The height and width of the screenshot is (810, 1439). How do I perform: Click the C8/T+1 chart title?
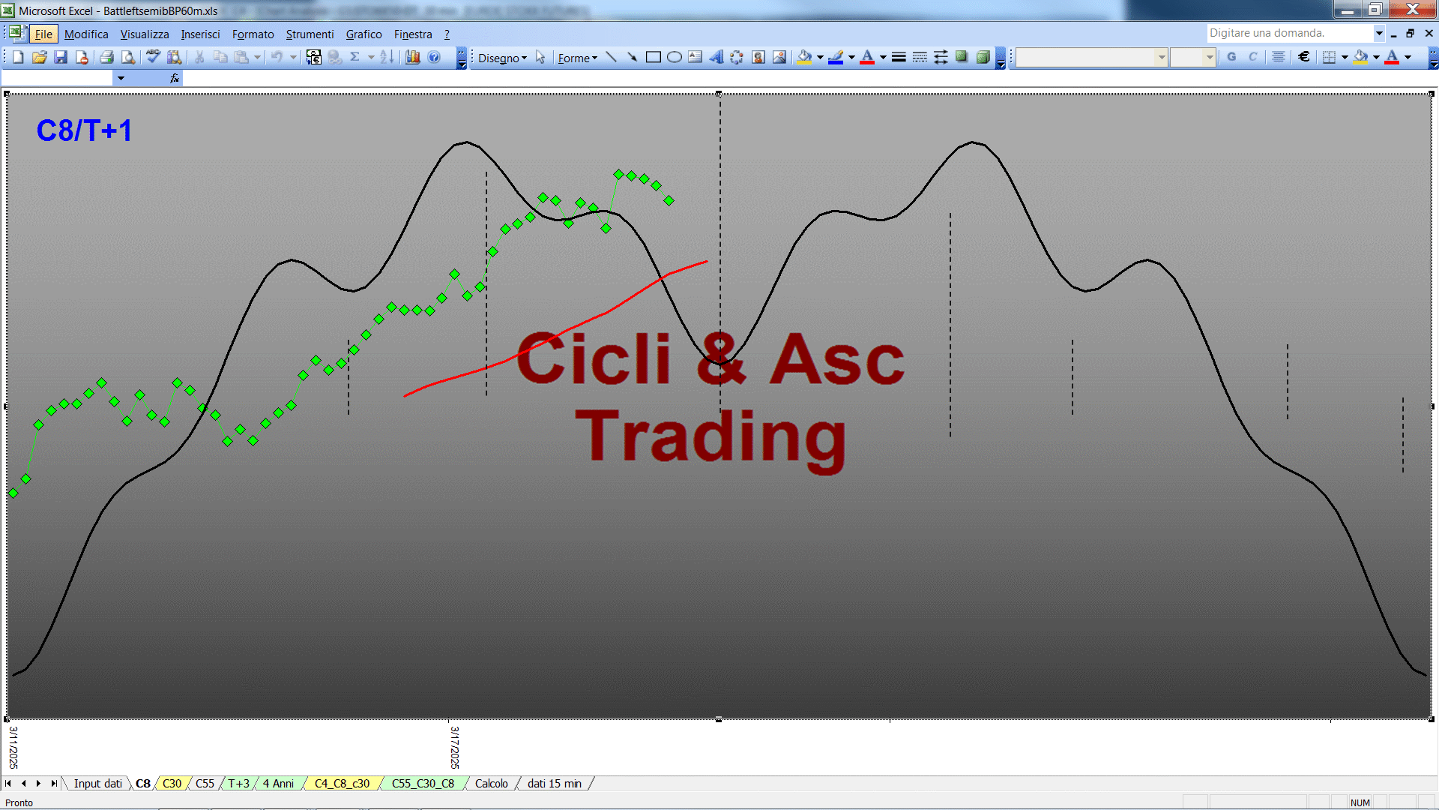(84, 130)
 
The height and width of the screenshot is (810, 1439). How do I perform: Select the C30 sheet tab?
(172, 784)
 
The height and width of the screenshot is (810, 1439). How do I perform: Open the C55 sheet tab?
(205, 784)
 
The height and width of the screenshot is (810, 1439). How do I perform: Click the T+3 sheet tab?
(238, 784)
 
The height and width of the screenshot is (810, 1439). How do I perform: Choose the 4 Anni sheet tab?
(278, 784)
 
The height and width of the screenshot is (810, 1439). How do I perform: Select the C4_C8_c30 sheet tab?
(342, 784)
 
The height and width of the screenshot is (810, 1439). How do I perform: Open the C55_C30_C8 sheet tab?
(423, 784)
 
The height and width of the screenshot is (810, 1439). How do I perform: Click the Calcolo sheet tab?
(491, 784)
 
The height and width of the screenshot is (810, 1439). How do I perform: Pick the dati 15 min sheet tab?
(554, 784)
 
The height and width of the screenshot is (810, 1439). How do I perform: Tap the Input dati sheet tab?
(97, 784)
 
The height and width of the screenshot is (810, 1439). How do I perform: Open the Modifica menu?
(86, 34)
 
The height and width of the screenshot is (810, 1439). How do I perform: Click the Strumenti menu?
(310, 34)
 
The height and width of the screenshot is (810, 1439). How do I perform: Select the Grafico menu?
(363, 34)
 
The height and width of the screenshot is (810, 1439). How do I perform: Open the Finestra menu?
(413, 34)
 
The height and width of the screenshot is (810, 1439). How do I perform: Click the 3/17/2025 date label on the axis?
(455, 747)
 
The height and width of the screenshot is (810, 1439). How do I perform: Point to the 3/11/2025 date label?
(13, 747)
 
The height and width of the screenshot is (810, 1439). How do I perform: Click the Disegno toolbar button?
(502, 58)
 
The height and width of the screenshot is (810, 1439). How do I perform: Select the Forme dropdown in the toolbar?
(577, 58)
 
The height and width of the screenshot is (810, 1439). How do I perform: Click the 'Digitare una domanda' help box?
(1289, 33)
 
